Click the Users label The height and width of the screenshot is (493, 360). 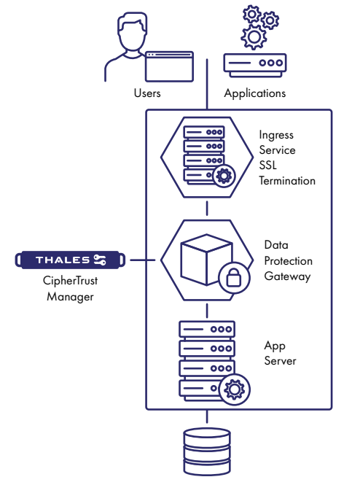[147, 93]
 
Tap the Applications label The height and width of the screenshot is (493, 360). [254, 93]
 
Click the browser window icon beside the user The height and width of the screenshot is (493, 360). [169, 66]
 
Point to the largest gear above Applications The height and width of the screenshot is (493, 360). [254, 35]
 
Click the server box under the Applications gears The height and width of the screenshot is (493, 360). [254, 63]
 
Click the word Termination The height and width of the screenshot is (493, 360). [287, 180]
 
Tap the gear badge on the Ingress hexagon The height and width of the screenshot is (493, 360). [223, 175]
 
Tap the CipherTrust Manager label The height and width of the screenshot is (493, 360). [70, 290]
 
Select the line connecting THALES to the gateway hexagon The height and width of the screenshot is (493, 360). [143, 260]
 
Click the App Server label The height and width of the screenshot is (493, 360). [281, 354]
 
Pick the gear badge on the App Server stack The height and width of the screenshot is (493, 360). [234, 389]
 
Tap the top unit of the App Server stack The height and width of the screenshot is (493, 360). [207, 329]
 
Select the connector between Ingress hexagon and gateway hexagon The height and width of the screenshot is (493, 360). [207, 209]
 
